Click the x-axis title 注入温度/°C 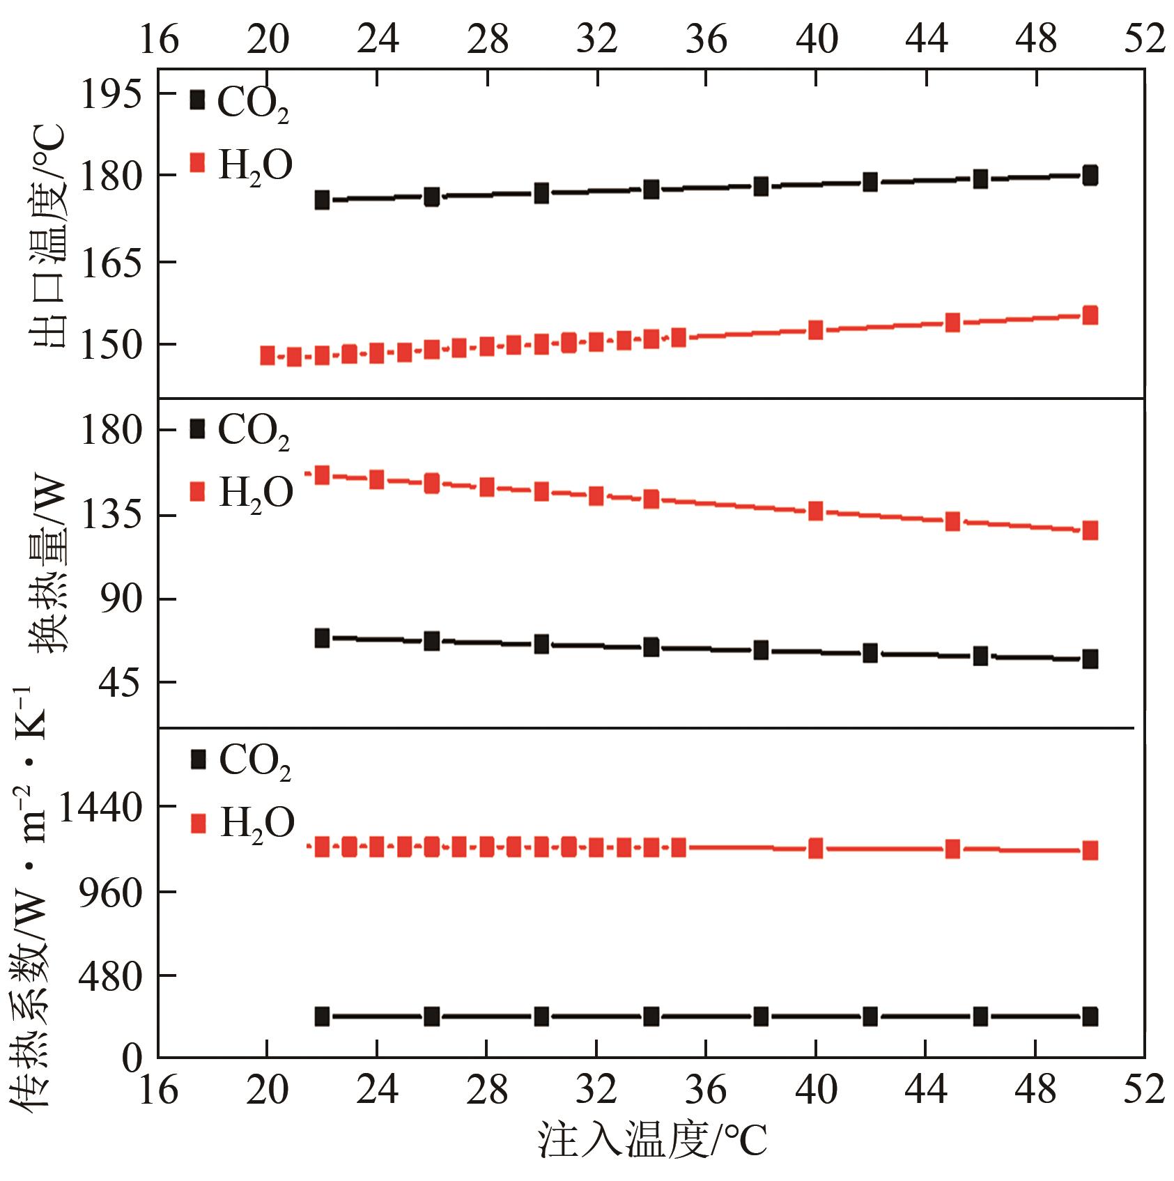point(651,1141)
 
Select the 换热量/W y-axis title point(47,564)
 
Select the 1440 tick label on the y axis point(100,808)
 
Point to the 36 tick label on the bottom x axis point(706,1089)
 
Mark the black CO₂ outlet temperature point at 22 point(322,200)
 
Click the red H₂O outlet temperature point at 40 point(815,330)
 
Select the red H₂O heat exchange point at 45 point(952,521)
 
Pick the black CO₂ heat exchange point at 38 point(761,650)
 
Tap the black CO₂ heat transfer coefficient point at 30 point(541,1017)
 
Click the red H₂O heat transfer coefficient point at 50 point(1090,850)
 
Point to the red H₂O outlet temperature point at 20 point(267,355)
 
